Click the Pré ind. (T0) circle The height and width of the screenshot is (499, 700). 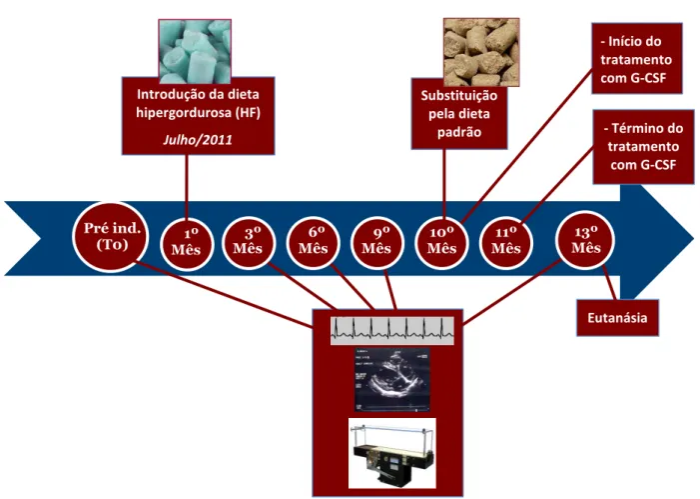coord(111,237)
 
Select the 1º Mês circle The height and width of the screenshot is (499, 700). coord(187,244)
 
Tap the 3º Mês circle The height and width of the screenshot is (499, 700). coord(249,242)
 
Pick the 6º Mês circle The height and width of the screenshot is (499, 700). coord(313,242)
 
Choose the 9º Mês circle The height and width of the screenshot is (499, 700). coord(377,242)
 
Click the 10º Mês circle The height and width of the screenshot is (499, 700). coord(441,242)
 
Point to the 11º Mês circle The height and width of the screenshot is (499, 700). coord(506,242)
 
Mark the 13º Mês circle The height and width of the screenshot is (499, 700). coord(585,240)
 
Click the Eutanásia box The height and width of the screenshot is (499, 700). coord(617,318)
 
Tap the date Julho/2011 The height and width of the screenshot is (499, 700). coord(198,140)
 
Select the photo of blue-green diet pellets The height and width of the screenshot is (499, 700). coord(195,51)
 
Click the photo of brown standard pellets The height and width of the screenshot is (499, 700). coord(481,52)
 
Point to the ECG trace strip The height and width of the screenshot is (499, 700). coord(392,331)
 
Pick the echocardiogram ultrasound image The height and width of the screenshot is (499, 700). coord(392,380)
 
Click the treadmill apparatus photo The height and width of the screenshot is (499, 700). coord(392,453)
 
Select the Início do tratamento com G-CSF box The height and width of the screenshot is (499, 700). coord(637,59)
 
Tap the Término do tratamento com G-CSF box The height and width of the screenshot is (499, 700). coord(643,147)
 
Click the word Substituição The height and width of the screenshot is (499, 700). coord(459,96)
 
